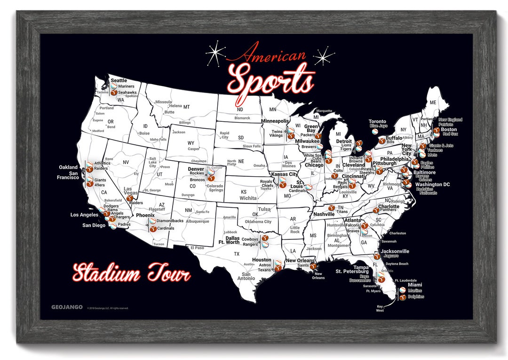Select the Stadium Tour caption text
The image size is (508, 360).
point(131,273)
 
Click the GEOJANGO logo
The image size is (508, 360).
point(67,307)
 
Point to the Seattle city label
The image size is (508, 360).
point(119,80)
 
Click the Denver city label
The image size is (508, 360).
point(196,168)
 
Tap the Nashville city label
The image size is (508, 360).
point(324,214)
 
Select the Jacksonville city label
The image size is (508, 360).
point(395,251)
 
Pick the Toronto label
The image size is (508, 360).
point(377,121)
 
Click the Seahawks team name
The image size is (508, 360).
point(127,93)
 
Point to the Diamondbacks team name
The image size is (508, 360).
point(170,220)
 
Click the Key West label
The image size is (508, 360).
point(380,308)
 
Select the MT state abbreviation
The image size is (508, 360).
point(186,107)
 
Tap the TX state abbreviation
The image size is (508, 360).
point(237,254)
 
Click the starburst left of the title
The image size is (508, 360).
point(216,53)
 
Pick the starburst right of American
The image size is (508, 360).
point(324,56)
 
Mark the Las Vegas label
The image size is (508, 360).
point(131,191)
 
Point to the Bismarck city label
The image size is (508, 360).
point(242,118)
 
